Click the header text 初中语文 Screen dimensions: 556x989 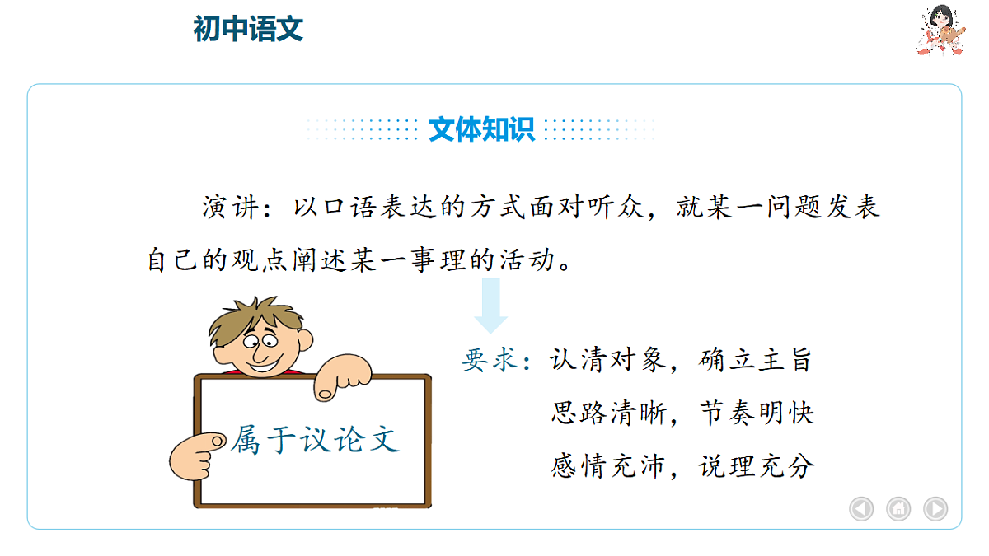point(248,29)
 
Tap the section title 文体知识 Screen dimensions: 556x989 point(481,129)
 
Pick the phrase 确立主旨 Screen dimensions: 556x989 point(755,360)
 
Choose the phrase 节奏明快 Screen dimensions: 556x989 point(756,413)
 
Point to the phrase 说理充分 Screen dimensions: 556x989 point(756,466)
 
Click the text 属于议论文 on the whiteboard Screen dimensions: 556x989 point(314,439)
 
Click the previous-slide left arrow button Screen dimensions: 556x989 point(861,508)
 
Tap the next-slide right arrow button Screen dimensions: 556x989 point(935,508)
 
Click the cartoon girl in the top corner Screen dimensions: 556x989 point(941,30)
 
